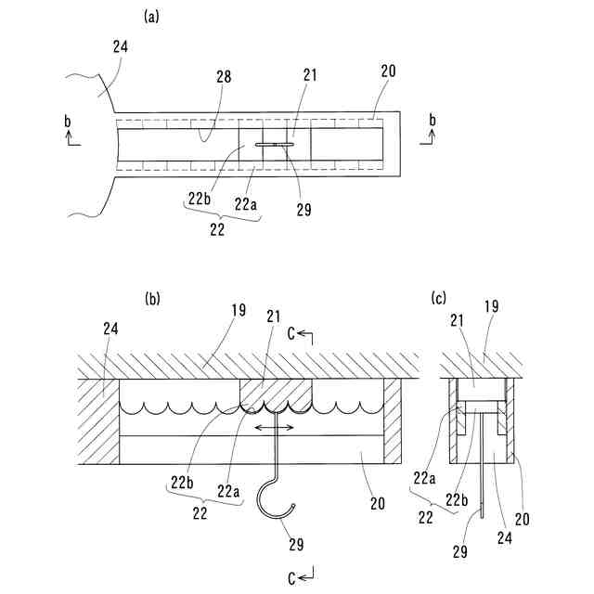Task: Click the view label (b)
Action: [153, 298]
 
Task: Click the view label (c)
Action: [439, 298]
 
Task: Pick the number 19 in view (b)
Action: [239, 311]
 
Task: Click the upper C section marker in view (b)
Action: [302, 332]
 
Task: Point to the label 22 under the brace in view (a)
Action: [217, 229]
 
